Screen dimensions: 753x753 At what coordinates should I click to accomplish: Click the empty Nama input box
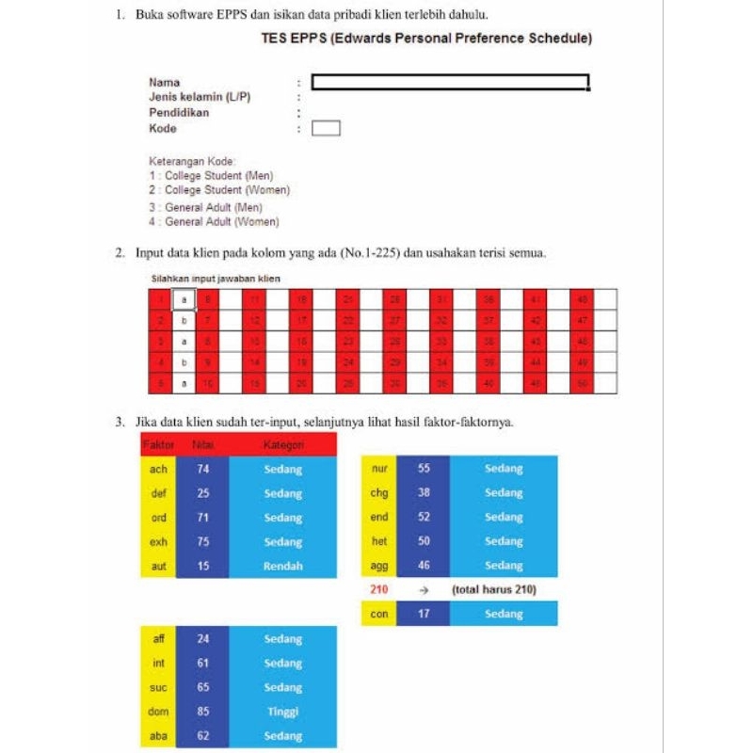[450, 82]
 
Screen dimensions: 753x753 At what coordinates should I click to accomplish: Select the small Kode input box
[326, 128]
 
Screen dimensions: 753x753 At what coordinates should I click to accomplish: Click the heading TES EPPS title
[426, 39]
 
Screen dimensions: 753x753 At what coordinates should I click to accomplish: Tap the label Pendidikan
[179, 112]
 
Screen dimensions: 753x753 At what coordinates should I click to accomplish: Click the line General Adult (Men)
[205, 207]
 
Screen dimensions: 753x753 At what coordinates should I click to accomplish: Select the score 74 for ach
[202, 469]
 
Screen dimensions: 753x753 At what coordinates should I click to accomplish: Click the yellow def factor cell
[158, 493]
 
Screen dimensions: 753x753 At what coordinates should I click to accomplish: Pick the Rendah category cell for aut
[282, 567]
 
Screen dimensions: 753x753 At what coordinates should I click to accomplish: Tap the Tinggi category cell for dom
[282, 713]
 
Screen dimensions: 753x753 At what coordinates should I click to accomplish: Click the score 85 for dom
[202, 713]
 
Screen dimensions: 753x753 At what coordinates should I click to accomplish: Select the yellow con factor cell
[379, 614]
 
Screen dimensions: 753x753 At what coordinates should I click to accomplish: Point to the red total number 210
[379, 590]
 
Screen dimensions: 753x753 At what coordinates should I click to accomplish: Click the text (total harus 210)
[494, 590]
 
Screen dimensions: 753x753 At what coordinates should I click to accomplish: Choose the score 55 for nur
[424, 469]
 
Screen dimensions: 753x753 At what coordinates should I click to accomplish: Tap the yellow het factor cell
[379, 541]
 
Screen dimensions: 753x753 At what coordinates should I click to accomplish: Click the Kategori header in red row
[282, 444]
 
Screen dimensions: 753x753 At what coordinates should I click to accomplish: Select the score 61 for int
[202, 664]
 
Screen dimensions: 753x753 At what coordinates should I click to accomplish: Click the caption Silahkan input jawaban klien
[216, 279]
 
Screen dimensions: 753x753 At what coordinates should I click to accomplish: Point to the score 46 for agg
[424, 566]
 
